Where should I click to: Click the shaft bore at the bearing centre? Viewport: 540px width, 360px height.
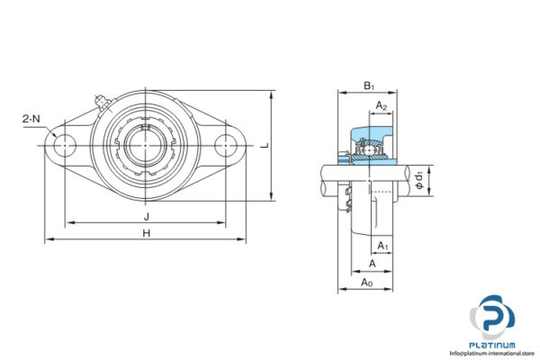tap(146, 144)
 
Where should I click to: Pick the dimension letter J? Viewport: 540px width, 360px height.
tap(145, 216)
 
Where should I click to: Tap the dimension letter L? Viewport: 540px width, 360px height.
tap(264, 144)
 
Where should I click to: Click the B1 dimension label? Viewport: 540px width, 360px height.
tap(368, 86)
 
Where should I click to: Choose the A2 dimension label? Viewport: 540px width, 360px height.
tap(382, 106)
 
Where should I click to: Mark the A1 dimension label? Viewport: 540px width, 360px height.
tap(382, 245)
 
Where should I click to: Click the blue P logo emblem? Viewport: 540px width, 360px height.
tap(494, 315)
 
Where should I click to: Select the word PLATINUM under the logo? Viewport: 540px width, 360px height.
tap(494, 345)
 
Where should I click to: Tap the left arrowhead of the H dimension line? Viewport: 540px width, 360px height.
tap(49, 240)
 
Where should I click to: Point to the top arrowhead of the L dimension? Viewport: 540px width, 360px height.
tap(271, 94)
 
